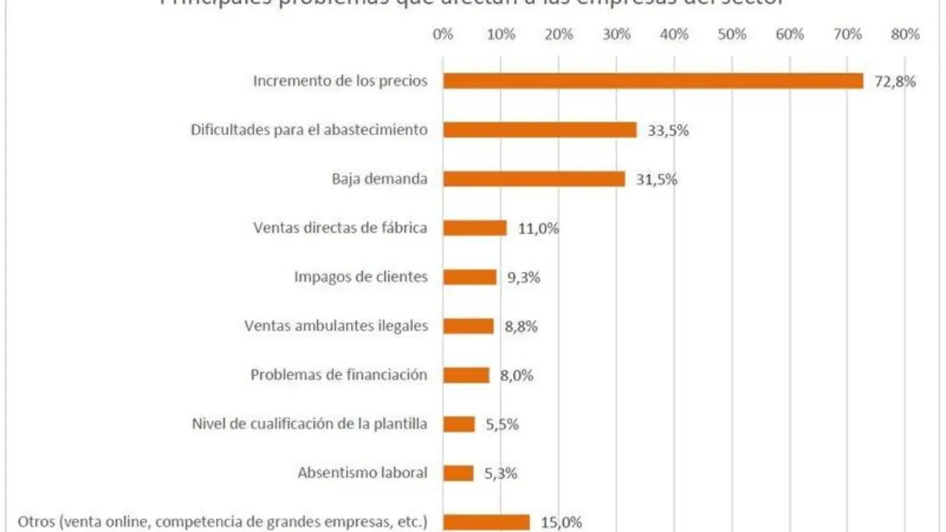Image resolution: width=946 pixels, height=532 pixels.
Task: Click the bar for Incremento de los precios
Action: pos(653,81)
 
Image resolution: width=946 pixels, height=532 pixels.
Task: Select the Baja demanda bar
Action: pos(534,179)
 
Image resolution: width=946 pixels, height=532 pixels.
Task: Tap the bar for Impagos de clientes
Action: pos(470,277)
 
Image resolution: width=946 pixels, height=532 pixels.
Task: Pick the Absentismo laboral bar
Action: pos(458,473)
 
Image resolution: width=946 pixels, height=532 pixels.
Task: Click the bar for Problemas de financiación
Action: pos(466,375)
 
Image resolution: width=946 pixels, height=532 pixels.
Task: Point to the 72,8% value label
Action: pos(895,81)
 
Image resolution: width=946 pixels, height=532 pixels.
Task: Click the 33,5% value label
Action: pos(668,131)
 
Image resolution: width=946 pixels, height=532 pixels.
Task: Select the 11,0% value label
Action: pos(538,228)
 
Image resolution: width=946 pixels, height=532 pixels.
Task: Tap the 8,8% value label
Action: pos(520,326)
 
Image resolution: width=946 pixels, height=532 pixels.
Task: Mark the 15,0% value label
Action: pos(561,522)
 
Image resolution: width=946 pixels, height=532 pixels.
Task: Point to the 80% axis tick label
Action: pos(905,34)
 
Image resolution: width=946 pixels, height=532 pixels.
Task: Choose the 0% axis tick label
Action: pos(443,34)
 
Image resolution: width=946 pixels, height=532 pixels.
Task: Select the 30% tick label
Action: pos(616,34)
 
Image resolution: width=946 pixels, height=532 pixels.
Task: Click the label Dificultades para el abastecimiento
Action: pos(309,130)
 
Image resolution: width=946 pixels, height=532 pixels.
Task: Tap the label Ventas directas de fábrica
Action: pos(340,228)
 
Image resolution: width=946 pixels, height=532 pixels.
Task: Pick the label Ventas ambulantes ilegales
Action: pos(336,326)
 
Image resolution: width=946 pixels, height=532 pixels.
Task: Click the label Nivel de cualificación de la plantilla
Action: pos(309,424)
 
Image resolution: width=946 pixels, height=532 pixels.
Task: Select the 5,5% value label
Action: pos(503,424)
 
